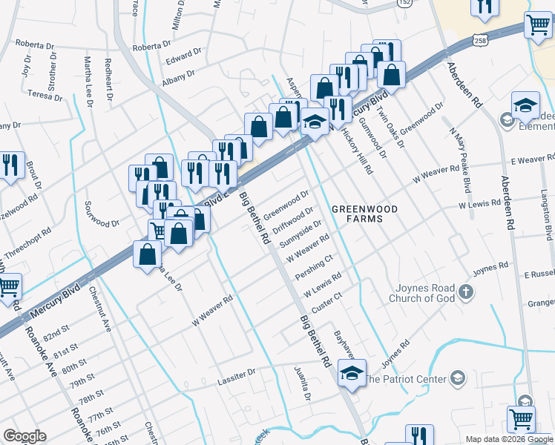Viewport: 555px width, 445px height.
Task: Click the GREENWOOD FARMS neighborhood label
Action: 364,214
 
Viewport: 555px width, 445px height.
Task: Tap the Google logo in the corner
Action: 24,436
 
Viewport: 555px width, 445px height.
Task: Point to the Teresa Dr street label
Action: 45,96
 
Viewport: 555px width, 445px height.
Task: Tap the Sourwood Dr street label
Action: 102,223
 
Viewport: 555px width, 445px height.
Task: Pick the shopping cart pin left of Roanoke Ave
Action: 7,286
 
